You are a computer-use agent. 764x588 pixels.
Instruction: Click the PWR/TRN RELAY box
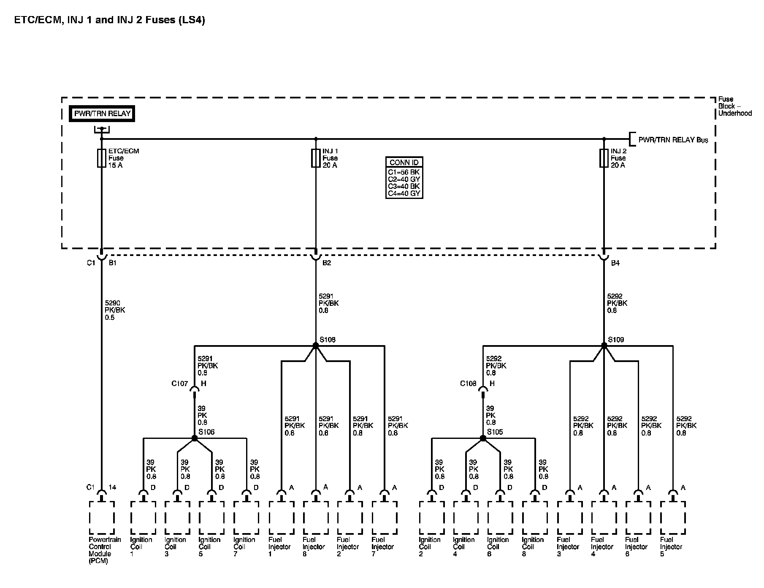coord(102,114)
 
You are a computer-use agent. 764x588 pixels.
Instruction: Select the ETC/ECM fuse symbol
coord(102,158)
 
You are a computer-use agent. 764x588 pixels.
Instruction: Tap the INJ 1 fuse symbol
coord(316,158)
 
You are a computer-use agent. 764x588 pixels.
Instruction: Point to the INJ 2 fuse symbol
coord(604,158)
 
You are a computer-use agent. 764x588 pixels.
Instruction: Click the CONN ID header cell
coord(404,163)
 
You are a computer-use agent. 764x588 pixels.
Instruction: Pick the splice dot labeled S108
coord(316,346)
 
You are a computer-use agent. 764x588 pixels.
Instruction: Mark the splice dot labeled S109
coord(604,346)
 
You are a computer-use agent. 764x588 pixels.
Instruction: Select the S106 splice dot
coord(195,438)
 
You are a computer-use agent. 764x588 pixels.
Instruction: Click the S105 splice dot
coord(483,438)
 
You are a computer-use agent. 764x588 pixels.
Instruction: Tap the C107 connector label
coord(179,384)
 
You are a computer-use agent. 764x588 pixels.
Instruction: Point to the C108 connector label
coord(468,384)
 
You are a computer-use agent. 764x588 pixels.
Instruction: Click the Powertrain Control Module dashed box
coord(102,518)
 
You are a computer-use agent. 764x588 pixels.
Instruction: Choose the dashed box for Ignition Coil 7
coord(247,518)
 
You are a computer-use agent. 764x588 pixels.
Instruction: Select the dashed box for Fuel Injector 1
coord(282,518)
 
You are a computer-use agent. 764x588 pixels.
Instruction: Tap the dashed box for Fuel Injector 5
coord(673,518)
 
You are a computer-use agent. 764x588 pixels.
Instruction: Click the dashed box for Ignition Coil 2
coord(432,518)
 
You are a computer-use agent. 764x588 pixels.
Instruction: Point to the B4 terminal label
coord(615,263)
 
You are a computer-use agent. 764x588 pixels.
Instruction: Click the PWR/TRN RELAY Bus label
coord(673,140)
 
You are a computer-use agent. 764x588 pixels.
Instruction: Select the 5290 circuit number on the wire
coord(112,303)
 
